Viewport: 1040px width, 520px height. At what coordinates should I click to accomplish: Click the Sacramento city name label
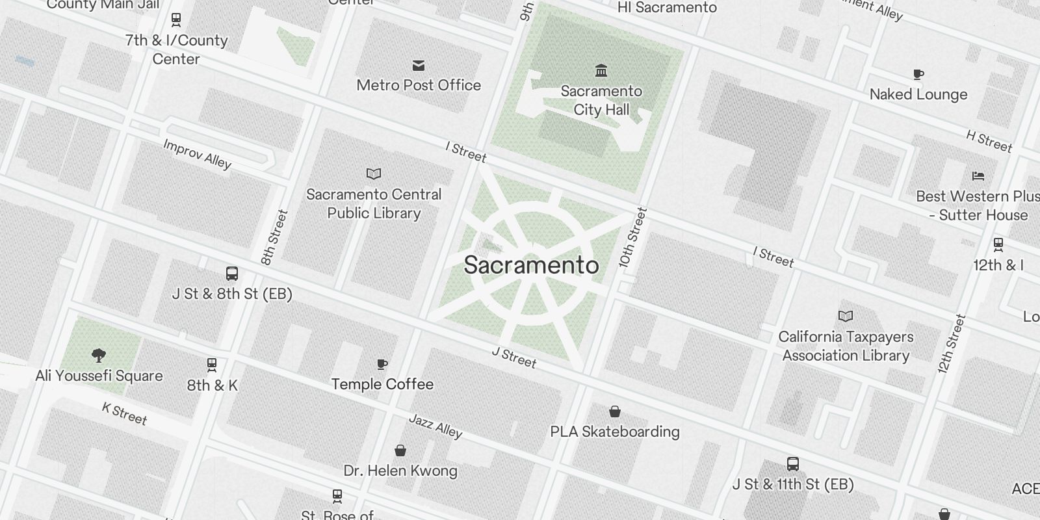531,265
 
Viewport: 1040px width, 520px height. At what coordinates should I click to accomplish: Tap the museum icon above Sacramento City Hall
601,70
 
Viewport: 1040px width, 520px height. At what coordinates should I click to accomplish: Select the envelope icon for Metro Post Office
419,65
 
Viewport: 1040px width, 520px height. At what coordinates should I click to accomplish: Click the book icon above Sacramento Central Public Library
374,174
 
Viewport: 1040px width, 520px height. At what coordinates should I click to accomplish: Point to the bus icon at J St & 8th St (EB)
232,274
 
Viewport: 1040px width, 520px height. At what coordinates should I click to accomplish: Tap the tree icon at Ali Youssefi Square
99,355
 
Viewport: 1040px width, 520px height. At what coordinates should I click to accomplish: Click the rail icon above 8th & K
212,365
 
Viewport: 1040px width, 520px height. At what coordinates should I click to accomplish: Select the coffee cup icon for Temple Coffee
382,364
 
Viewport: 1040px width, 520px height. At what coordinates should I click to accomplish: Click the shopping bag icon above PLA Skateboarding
614,411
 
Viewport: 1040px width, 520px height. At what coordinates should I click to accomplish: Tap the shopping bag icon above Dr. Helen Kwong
400,450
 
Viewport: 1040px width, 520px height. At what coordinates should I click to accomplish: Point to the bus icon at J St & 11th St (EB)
792,464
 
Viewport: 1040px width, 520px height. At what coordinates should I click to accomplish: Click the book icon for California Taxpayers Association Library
845,317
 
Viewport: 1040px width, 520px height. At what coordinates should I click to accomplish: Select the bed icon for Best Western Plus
978,175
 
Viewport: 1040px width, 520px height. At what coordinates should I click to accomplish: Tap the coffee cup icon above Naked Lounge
918,74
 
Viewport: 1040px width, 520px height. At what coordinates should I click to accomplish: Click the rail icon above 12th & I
998,245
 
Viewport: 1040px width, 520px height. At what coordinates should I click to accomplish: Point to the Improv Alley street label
197,154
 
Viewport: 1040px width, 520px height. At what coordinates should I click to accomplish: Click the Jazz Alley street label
435,426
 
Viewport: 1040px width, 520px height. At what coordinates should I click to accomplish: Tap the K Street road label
125,413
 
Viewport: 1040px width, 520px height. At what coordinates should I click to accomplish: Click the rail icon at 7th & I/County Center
175,20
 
